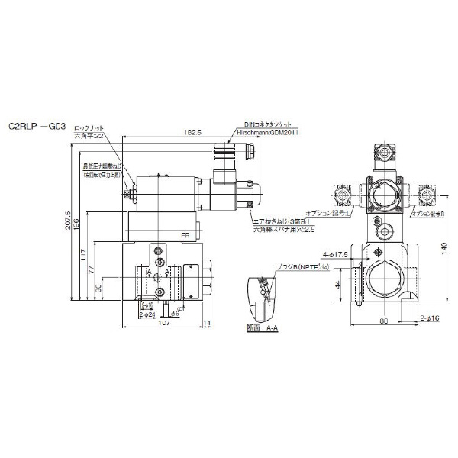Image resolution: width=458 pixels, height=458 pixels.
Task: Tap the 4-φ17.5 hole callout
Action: (335, 254)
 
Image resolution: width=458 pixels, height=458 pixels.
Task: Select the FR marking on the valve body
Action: (185, 237)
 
